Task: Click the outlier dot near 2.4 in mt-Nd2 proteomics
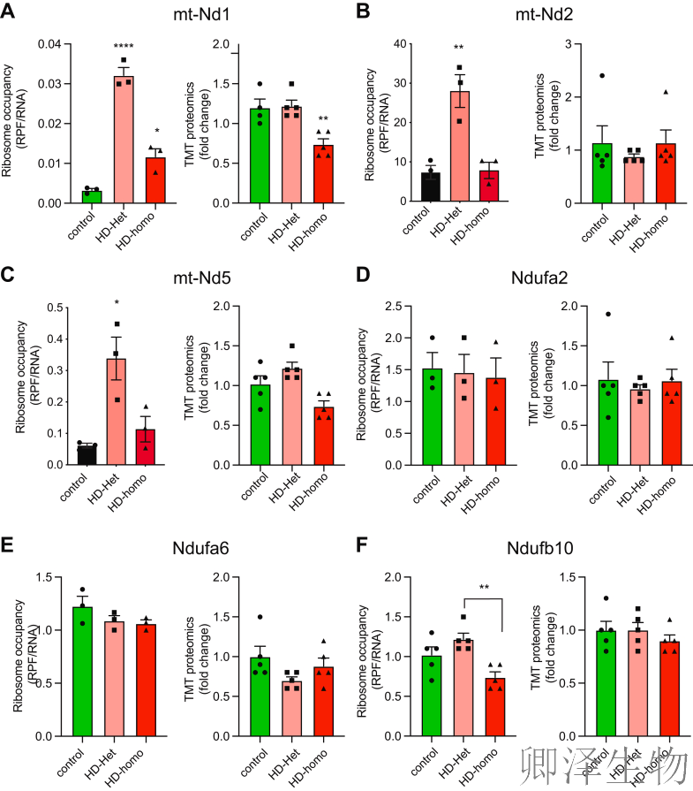[x=602, y=75]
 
